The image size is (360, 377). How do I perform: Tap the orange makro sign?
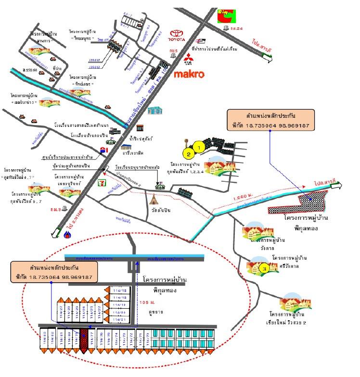point(189,75)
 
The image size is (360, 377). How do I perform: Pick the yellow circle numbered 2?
point(189,154)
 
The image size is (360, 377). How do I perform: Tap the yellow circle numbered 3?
point(264,269)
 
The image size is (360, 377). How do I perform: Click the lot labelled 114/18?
point(119,291)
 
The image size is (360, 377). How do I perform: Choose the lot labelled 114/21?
point(119,319)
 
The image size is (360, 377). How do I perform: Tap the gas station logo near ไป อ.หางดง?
point(67,235)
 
